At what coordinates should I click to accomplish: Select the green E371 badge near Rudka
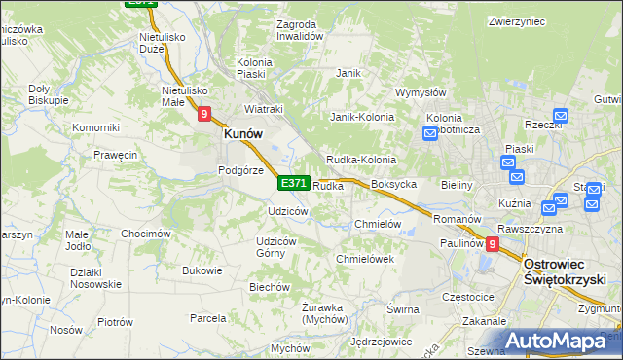[x=293, y=183]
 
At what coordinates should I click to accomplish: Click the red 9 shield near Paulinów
[x=492, y=245]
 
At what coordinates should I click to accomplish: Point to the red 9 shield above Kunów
[x=203, y=114]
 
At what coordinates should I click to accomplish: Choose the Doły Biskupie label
[x=48, y=93]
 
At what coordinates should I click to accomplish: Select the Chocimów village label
[x=146, y=234]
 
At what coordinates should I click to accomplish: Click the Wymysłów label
[x=421, y=93]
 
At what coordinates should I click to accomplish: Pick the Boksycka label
[x=394, y=184]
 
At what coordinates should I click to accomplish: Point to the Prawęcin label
[x=115, y=155]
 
